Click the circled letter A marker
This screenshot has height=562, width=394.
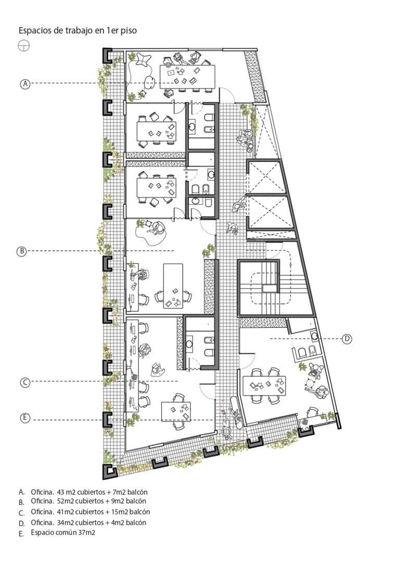[25, 84]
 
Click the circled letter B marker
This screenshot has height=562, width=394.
[21, 251]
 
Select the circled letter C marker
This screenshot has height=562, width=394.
[25, 382]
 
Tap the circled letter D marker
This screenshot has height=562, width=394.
[347, 339]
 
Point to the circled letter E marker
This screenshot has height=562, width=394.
[25, 418]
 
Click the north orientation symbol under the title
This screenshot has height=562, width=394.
[24, 46]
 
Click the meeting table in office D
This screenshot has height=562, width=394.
[264, 386]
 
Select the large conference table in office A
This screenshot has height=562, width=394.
[187, 76]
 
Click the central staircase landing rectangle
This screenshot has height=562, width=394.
[270, 288]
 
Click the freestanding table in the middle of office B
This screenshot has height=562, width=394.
[173, 286]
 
